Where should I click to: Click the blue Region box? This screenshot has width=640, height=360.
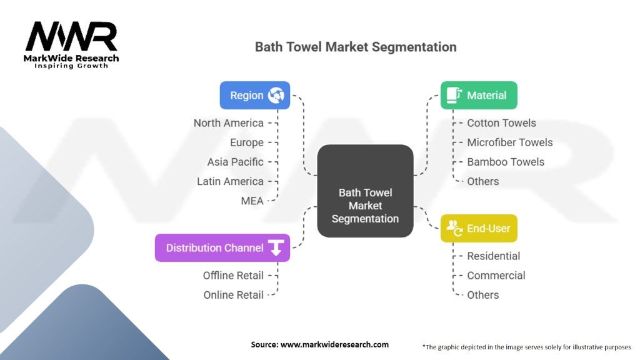tap(255, 95)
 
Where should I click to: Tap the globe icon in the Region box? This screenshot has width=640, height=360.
tap(276, 95)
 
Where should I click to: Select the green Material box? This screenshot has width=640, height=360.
tap(479, 95)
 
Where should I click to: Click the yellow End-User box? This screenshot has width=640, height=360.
tap(479, 228)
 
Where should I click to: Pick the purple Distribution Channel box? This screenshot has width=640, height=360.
tap(222, 247)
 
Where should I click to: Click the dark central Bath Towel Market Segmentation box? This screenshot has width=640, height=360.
tap(365, 191)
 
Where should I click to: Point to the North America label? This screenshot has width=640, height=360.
tap(229, 123)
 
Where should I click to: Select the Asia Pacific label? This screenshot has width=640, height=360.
tap(235, 162)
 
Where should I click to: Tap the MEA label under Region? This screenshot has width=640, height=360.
tap(252, 201)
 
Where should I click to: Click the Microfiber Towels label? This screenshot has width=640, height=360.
tap(510, 142)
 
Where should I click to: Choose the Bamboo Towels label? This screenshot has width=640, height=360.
tap(506, 162)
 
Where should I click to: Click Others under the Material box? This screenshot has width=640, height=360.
tap(483, 181)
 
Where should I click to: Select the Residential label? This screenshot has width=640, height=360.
tap(494, 256)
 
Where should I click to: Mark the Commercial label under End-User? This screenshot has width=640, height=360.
tap(496, 276)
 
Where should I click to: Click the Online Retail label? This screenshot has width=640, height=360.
tap(234, 295)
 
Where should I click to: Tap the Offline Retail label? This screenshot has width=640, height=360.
tap(233, 276)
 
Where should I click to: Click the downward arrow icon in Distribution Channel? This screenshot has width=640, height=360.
tap(276, 247)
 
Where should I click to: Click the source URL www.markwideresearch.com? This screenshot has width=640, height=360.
tap(334, 344)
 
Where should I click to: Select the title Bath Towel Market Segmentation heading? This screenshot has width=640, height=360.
tap(356, 47)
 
